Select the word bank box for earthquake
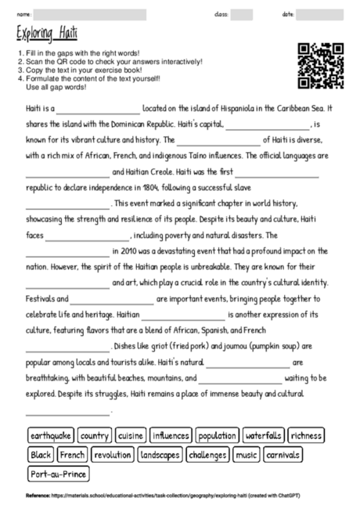pos(51,435)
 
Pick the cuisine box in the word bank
pos(131,435)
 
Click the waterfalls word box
pos(263,435)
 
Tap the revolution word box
pos(113,455)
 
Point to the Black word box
pos(40,455)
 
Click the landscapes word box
pos(160,455)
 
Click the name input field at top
pos(90,14)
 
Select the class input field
pos(241,14)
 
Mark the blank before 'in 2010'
pos(67,251)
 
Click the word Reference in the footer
pos(38,496)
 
